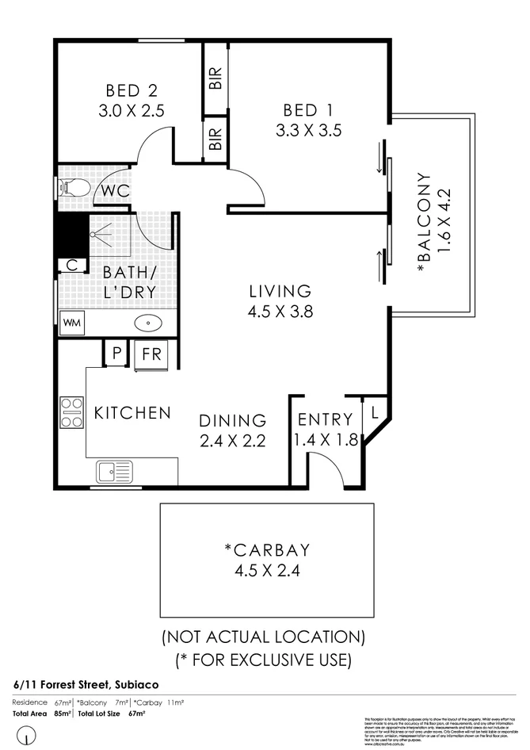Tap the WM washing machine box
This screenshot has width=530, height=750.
coord(71,323)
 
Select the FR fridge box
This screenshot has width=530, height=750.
coord(151,354)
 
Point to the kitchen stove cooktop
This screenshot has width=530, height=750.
coord(72,411)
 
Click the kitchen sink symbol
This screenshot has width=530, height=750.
coord(116,471)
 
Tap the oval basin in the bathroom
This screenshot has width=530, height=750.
coord(148,323)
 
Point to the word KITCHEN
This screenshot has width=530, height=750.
coord(132,413)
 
